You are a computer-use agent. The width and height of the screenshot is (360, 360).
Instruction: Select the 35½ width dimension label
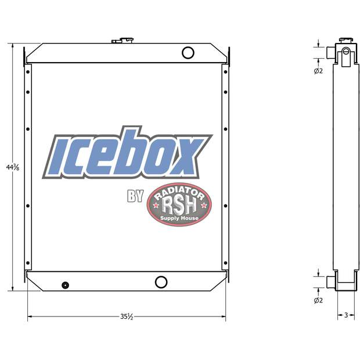click(x=127, y=316)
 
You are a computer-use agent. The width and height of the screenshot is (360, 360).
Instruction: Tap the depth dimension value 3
click(x=346, y=315)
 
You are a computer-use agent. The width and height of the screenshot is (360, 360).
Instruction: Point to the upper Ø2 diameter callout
click(x=318, y=71)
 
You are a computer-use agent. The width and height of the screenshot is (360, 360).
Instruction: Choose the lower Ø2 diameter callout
click(x=318, y=300)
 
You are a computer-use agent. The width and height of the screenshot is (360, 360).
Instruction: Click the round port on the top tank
click(x=188, y=53)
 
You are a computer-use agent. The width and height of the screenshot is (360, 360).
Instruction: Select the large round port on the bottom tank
click(x=161, y=282)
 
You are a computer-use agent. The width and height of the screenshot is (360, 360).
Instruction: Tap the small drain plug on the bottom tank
click(x=65, y=285)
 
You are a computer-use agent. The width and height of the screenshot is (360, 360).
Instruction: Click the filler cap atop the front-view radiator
click(x=123, y=41)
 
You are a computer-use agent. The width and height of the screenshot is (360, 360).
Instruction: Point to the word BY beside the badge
click(x=135, y=197)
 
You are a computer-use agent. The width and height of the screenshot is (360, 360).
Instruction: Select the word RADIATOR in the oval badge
click(x=179, y=192)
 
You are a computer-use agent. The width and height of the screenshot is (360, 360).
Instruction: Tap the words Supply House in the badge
click(x=179, y=218)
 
